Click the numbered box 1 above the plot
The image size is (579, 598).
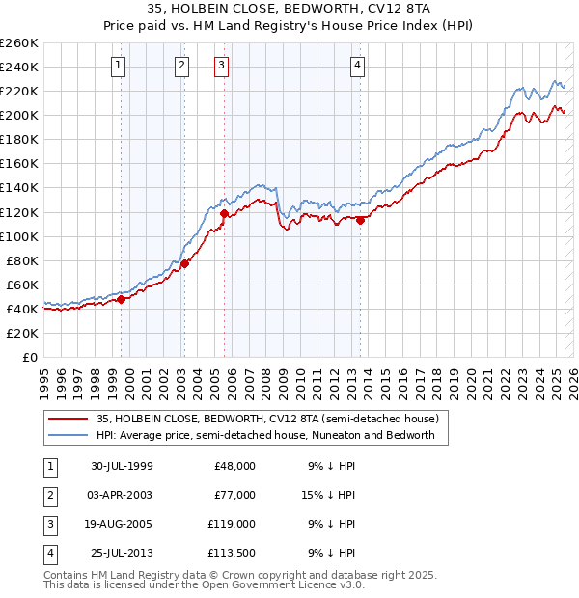point(118,66)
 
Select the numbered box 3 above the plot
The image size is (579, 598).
point(221,66)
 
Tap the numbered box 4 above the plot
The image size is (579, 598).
point(357,66)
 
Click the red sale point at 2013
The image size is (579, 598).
point(360,220)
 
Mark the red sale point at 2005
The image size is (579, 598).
point(225,213)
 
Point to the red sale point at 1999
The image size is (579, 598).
point(122,299)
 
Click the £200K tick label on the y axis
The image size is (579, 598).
point(18,115)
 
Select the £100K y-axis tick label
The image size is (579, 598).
point(18,236)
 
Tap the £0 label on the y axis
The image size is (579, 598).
point(29,357)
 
